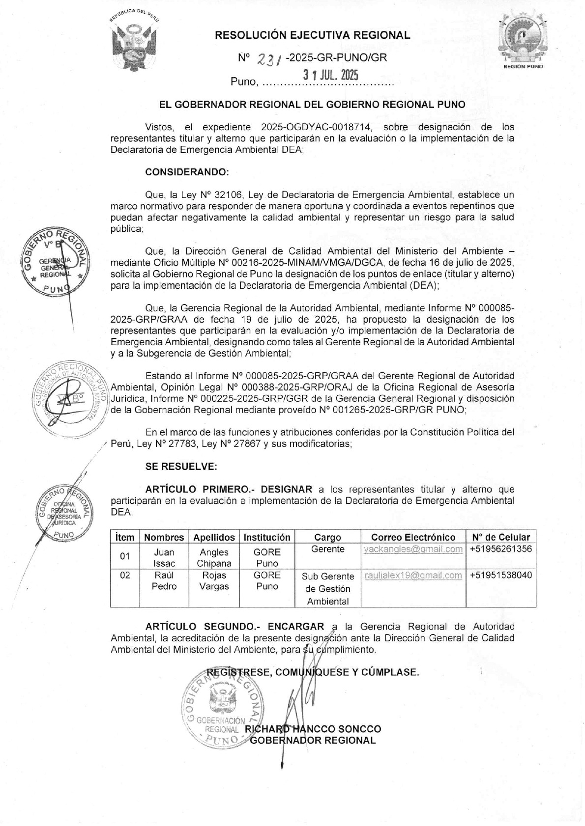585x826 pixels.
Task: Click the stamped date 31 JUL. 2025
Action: click(x=330, y=75)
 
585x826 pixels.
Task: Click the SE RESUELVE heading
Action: click(x=181, y=467)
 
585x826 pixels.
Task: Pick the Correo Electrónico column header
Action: click(x=413, y=537)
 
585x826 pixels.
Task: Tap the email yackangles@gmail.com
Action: click(x=413, y=549)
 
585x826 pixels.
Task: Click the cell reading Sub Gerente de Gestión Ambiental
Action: click(x=328, y=589)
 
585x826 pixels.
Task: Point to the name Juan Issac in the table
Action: click(x=164, y=558)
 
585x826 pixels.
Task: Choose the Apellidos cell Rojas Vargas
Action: click(x=214, y=581)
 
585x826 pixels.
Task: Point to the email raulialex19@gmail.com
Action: click(x=413, y=575)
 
